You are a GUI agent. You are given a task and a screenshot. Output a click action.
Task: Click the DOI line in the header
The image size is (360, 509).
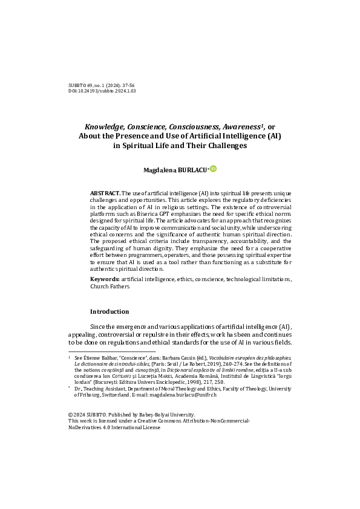point(102,91)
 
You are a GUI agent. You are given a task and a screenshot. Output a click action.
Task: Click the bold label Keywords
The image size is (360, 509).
point(104,279)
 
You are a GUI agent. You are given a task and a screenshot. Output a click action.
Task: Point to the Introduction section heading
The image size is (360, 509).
point(110,311)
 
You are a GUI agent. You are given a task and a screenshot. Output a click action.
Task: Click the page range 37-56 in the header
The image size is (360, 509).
point(128,85)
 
